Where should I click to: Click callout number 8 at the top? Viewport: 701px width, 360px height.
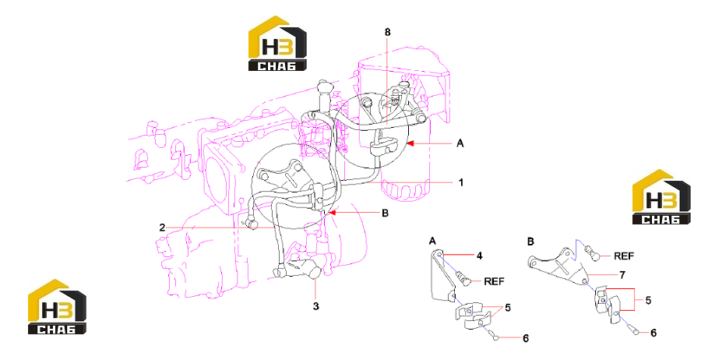(x=387, y=32)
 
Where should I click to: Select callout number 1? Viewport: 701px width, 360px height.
(x=461, y=182)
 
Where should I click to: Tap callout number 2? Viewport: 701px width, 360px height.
(x=162, y=228)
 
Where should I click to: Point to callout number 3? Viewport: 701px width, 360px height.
(x=316, y=306)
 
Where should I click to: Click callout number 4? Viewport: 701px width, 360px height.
(x=479, y=256)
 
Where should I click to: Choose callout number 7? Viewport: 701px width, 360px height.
(x=622, y=275)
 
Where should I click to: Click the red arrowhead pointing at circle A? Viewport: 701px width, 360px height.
(x=410, y=143)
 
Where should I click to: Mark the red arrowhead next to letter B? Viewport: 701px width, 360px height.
(x=332, y=213)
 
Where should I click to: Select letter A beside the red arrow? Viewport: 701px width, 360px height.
(x=460, y=143)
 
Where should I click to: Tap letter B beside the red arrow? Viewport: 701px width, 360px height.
(x=385, y=214)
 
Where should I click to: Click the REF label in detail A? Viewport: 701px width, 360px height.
(x=494, y=281)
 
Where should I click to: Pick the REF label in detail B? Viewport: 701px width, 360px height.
(x=624, y=256)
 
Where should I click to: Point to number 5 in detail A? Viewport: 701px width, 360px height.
(x=508, y=308)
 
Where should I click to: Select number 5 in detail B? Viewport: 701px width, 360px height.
(x=648, y=301)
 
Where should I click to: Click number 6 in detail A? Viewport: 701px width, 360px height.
(x=526, y=338)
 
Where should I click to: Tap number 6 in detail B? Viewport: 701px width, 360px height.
(x=653, y=333)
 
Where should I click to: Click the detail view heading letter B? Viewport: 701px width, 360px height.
(x=530, y=242)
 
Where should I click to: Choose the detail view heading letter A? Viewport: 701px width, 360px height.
(x=432, y=242)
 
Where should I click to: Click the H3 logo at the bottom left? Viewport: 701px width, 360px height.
(x=57, y=307)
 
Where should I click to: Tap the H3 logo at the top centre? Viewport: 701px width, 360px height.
(x=277, y=44)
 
